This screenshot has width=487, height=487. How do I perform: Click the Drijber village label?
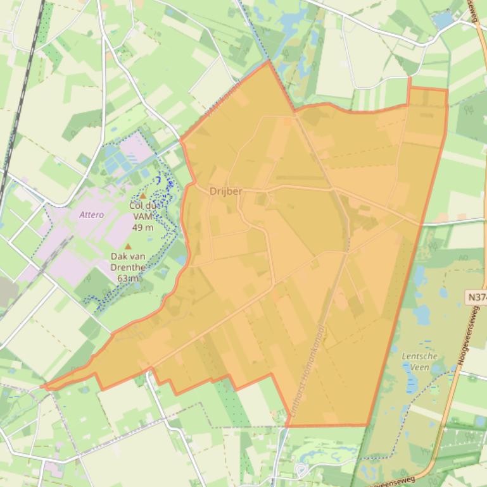[225, 191]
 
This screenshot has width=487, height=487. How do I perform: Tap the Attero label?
[91, 215]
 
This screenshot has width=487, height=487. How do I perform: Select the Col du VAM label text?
[145, 206]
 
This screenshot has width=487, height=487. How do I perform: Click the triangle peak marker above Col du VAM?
[143, 196]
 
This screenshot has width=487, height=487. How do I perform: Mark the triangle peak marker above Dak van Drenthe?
[129, 247]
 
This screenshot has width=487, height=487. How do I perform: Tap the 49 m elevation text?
[142, 228]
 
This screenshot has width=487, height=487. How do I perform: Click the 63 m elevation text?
[128, 278]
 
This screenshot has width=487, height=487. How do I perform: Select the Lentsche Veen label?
[419, 362]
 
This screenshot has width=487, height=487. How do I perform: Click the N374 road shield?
[477, 297]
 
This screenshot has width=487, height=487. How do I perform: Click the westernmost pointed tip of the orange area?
[44, 385]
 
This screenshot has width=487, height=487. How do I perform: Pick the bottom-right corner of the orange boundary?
[368, 425]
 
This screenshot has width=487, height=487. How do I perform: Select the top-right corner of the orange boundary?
[446, 89]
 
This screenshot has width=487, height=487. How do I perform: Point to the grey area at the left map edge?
[6, 291]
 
